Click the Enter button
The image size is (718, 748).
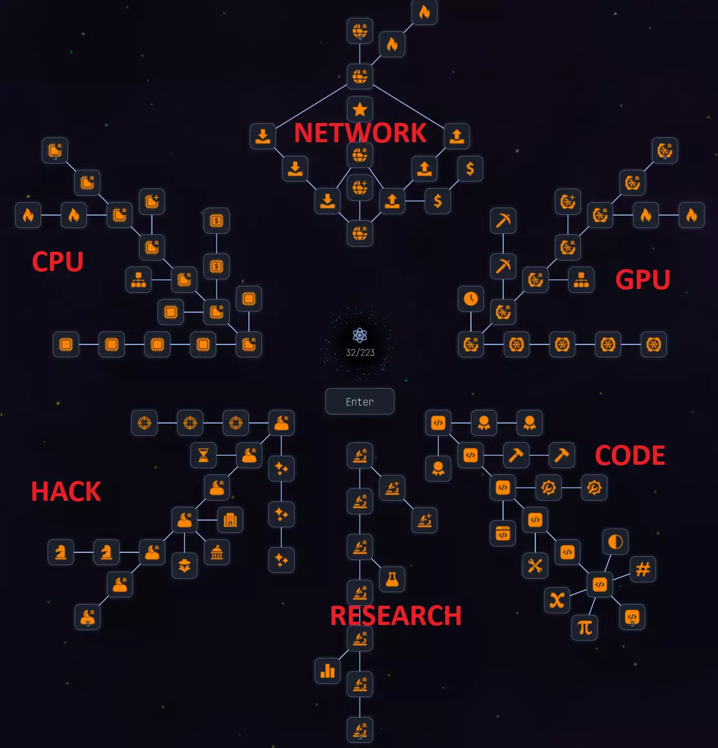360,402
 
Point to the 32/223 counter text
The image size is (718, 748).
360,352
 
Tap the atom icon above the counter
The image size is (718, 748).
360,335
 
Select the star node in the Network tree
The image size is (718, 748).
360,109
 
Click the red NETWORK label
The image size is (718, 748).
360,133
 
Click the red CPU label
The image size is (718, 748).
58,262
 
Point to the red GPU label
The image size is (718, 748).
643,279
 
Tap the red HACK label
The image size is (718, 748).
66,492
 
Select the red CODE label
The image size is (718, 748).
630,456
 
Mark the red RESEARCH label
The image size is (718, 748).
396,616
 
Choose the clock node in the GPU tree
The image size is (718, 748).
471,299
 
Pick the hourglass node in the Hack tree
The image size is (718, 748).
204,455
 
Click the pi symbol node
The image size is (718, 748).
585,627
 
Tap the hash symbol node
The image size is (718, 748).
643,569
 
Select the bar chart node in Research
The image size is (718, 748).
327,671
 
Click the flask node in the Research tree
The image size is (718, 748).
392,579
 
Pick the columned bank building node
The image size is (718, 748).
217,552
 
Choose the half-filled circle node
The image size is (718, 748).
616,541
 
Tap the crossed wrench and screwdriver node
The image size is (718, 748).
535,566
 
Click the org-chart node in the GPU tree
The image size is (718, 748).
582,279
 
